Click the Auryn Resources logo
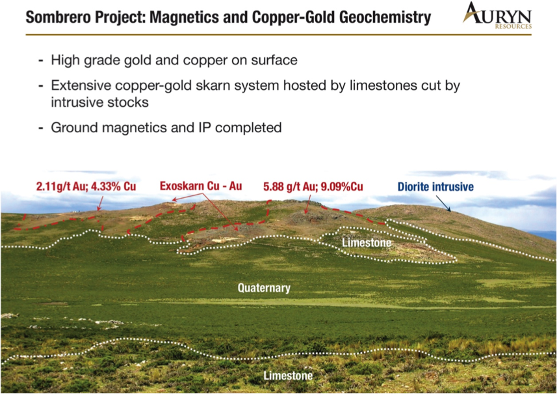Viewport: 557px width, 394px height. pos(497,16)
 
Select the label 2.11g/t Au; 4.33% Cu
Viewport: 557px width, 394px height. pos(86,186)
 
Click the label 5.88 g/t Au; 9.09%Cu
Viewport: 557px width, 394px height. pos(313,186)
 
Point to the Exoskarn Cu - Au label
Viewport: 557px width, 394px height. pos(201,186)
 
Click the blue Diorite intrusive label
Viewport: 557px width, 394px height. pos(435,186)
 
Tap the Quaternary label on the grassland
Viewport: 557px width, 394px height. pos(264,288)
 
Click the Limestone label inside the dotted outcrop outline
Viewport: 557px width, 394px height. pos(367,243)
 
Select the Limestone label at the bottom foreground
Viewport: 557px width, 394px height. pos(288,376)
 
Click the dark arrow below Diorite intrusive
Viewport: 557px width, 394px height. pos(443,204)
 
